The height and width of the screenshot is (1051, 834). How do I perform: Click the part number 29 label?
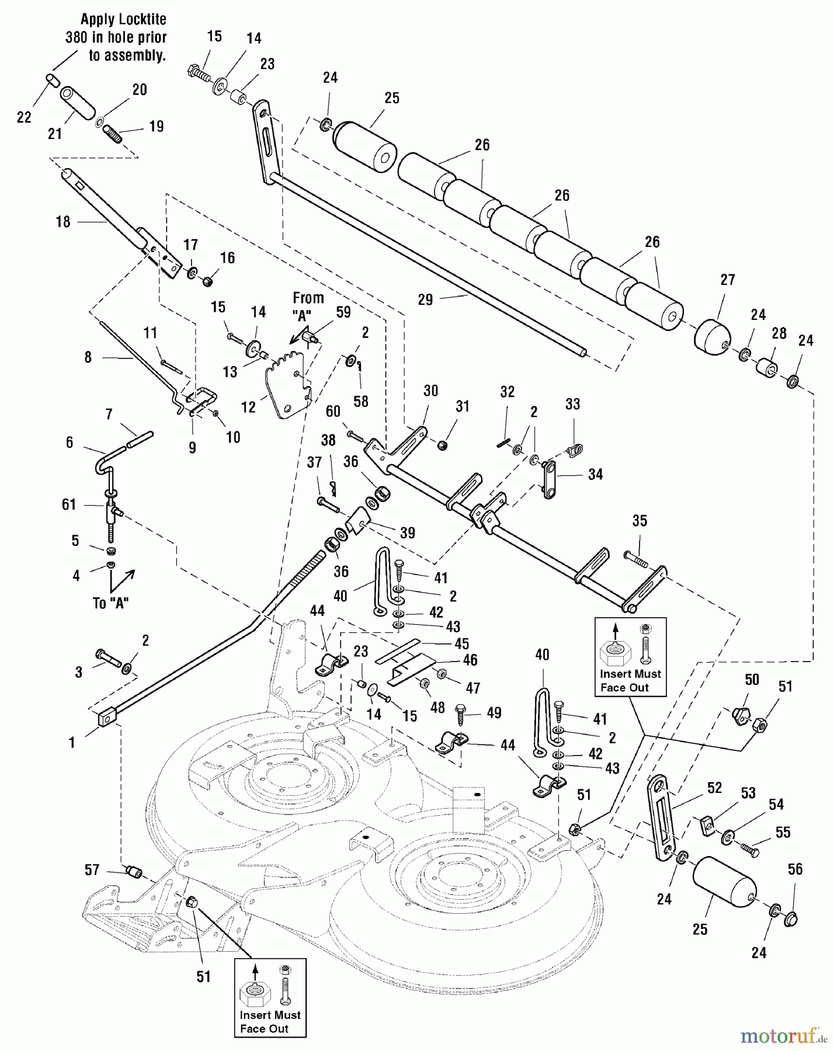(x=425, y=300)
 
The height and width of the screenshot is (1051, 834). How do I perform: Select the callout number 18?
(x=63, y=222)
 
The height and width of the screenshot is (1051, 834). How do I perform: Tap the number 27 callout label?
(x=728, y=280)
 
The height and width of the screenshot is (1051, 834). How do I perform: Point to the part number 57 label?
(x=92, y=870)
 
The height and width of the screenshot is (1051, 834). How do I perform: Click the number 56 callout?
(x=795, y=869)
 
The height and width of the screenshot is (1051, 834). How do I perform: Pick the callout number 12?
(x=248, y=406)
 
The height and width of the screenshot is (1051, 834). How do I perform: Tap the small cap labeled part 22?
(x=51, y=79)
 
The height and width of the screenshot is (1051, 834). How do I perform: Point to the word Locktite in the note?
(x=123, y=19)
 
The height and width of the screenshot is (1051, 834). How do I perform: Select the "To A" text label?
(x=110, y=603)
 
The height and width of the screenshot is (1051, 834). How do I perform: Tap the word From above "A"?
(x=308, y=298)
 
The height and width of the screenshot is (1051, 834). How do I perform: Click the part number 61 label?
(x=69, y=504)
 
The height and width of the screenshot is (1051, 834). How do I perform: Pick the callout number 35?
(x=640, y=520)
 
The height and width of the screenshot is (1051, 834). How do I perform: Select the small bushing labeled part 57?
(x=134, y=873)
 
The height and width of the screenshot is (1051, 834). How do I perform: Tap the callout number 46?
(x=470, y=660)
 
